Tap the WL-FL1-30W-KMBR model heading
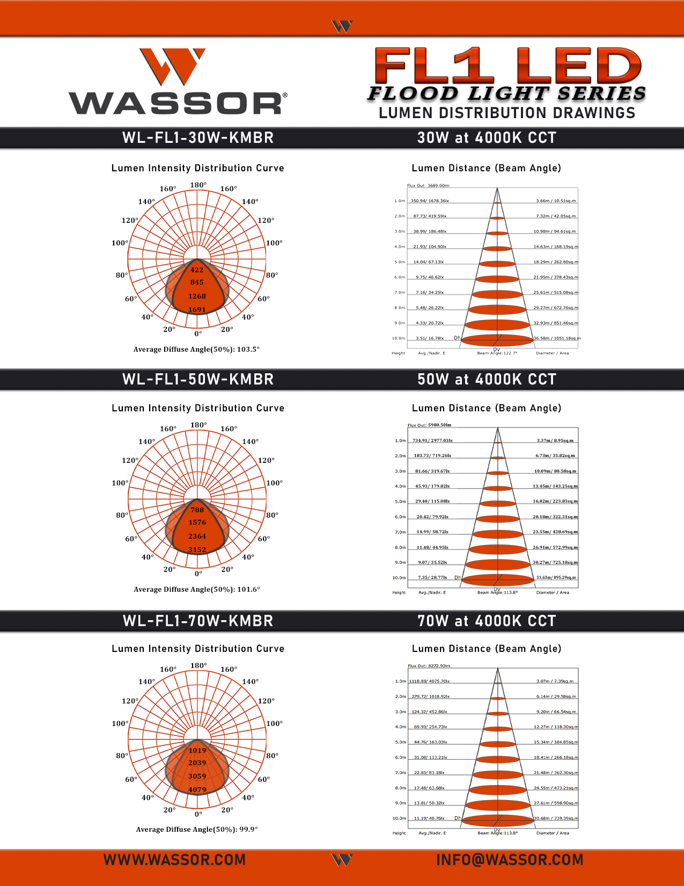pyautogui.click(x=198, y=138)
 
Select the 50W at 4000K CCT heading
pyautogui.click(x=487, y=380)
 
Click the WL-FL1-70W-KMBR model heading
pyautogui.click(x=198, y=621)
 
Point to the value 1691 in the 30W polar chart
pyautogui.click(x=197, y=310)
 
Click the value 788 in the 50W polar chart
pyautogui.click(x=197, y=510)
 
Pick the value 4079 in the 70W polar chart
pyautogui.click(x=197, y=790)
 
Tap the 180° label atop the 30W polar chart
pyautogui.click(x=198, y=185)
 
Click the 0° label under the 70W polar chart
pyautogui.click(x=198, y=814)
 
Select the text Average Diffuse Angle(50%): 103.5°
pyautogui.click(x=196, y=350)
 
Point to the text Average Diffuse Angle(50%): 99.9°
pyautogui.click(x=196, y=830)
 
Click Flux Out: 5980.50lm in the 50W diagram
pyautogui.click(x=429, y=425)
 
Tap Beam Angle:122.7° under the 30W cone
pyautogui.click(x=497, y=353)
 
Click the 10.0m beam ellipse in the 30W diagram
pyautogui.click(x=497, y=340)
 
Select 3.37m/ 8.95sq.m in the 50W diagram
pyautogui.click(x=555, y=441)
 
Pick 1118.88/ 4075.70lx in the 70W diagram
pyautogui.click(x=429, y=681)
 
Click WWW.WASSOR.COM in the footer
pyautogui.click(x=174, y=860)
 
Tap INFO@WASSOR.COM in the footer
pyautogui.click(x=509, y=860)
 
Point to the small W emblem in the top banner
pyautogui.click(x=342, y=26)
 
